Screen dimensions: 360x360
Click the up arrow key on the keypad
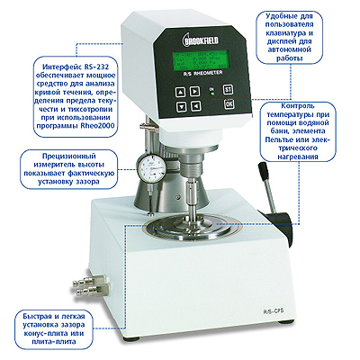(180, 93)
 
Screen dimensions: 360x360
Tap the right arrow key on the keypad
(195, 91)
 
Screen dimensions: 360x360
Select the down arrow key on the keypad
(182, 107)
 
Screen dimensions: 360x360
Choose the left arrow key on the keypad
(196, 105)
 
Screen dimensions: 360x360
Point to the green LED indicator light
(212, 94)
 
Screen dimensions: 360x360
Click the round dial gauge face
(152, 167)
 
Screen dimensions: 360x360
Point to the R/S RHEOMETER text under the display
(202, 73)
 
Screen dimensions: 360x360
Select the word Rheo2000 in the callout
(98, 125)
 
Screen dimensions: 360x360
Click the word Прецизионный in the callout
(69, 157)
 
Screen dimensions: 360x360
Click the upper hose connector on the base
(90, 281)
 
